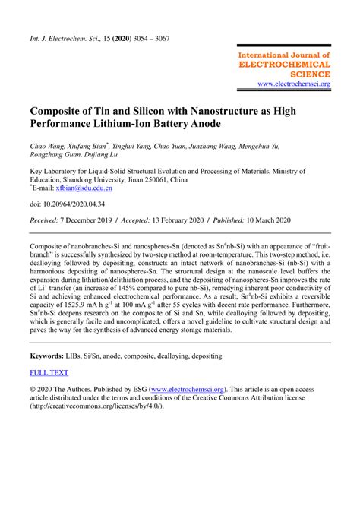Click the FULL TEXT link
[x=49, y=372]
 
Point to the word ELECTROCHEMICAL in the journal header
[x=285, y=65]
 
